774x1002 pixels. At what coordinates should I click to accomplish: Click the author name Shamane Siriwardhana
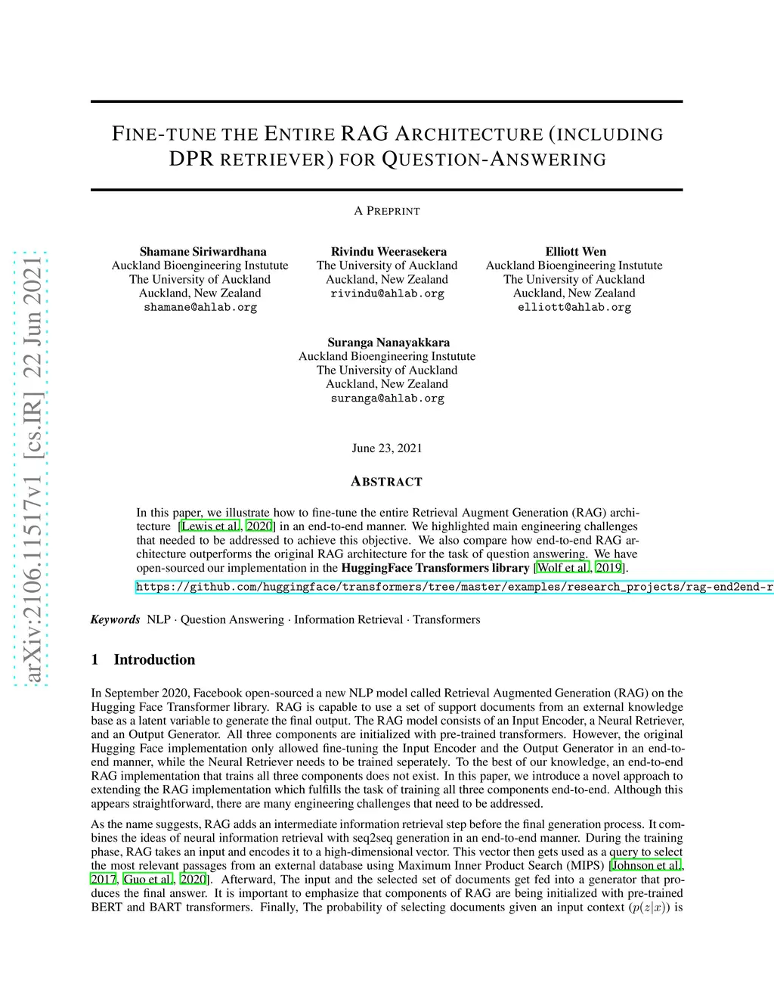[203, 252]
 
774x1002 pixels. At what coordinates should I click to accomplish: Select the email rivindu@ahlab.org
[387, 293]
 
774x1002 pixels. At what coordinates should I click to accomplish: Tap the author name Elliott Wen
[575, 252]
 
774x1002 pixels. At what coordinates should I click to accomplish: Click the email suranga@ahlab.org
[387, 399]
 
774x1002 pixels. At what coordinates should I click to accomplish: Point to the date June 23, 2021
[387, 448]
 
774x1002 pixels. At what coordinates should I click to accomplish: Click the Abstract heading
[387, 482]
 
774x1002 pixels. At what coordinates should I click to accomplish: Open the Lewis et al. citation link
[210, 526]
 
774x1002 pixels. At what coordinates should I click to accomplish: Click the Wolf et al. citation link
[562, 568]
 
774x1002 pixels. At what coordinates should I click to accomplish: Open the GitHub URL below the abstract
[454, 587]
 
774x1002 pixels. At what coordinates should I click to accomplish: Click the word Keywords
[115, 619]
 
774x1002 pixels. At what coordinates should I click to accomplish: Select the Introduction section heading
[154, 659]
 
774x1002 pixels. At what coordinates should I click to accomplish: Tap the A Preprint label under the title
[387, 211]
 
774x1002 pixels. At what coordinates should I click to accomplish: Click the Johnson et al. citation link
[646, 866]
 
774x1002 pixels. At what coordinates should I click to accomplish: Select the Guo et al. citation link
[148, 879]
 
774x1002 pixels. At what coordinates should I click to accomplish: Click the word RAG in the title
[364, 134]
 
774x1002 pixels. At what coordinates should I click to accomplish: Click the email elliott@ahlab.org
[574, 308]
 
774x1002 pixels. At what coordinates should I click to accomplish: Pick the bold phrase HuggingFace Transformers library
[435, 568]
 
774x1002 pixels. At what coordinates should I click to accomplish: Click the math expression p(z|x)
[649, 907]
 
